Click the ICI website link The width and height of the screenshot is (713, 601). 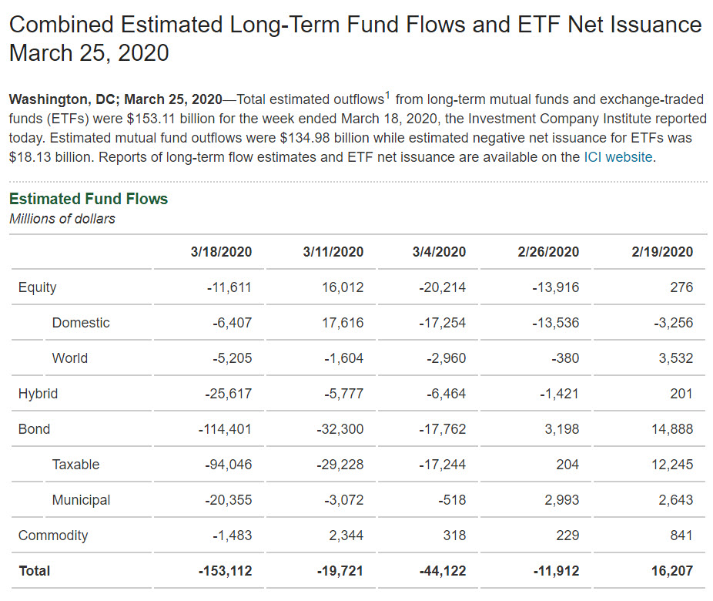(x=618, y=157)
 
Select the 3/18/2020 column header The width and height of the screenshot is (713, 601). (x=221, y=252)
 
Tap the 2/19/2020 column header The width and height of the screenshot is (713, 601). (x=661, y=252)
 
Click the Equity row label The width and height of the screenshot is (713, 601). (x=38, y=287)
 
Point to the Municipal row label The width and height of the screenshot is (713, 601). (x=81, y=500)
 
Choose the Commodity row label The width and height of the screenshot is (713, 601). (x=53, y=536)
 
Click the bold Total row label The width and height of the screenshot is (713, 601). (x=34, y=571)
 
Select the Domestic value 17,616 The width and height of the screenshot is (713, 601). (x=343, y=323)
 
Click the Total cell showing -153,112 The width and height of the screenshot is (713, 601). (x=225, y=571)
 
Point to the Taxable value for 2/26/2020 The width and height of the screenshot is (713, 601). (x=567, y=465)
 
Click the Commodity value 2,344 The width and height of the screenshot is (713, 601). (x=348, y=536)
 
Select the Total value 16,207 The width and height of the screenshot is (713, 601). (x=672, y=571)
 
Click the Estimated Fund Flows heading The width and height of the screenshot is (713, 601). (x=89, y=199)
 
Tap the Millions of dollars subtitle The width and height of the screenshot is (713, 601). (x=62, y=219)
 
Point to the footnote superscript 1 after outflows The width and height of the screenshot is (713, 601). (x=387, y=96)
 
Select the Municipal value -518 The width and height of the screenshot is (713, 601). (x=452, y=500)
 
